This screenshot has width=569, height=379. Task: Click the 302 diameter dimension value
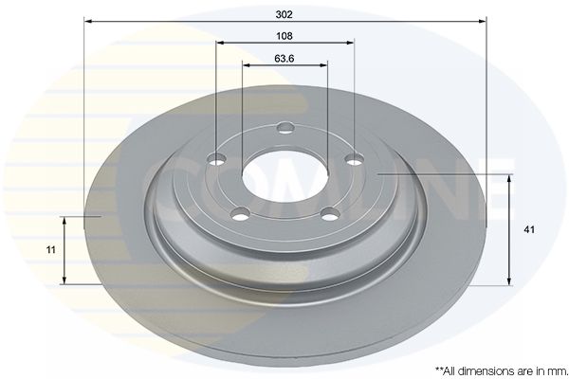pos(284,14)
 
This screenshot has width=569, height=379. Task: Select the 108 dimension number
pos(284,36)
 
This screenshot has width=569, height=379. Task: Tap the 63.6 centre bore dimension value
pos(284,59)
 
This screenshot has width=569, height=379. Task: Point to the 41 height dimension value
pos(529,229)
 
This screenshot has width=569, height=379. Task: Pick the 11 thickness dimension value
pos(51,250)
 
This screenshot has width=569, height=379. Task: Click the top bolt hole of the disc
pos(285,128)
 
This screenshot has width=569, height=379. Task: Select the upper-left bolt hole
pos(216,159)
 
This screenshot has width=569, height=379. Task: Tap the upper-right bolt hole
pos(354,159)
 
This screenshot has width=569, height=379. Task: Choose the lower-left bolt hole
pos(240,213)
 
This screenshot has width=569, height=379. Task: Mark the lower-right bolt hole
pos(331,214)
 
